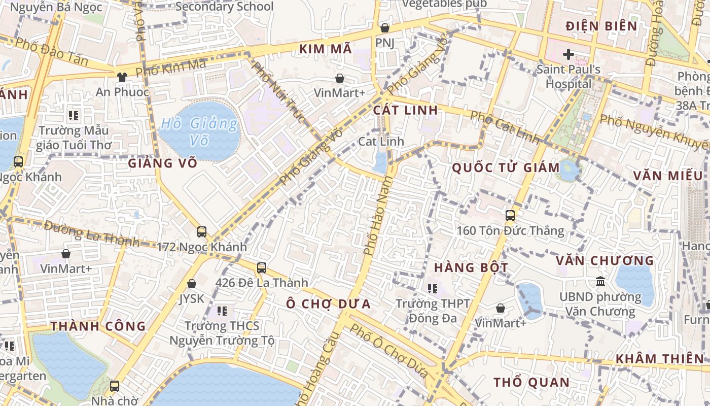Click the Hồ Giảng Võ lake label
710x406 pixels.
(x=199, y=131)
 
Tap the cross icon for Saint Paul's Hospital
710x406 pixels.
(x=568, y=54)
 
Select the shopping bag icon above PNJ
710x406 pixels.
(x=385, y=28)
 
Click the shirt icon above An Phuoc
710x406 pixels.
(x=122, y=77)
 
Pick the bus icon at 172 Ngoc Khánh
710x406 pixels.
(x=201, y=232)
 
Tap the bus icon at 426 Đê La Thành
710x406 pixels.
(x=262, y=267)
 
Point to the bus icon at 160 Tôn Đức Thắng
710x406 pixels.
(x=510, y=216)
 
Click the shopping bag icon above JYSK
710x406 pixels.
(x=192, y=284)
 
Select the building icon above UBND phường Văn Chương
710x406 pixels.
(x=600, y=281)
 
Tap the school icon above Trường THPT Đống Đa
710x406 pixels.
(x=433, y=289)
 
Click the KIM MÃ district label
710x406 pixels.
(x=325, y=49)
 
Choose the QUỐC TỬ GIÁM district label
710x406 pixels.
(x=506, y=167)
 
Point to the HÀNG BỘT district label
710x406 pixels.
(x=471, y=267)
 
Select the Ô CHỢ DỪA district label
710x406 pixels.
(x=328, y=304)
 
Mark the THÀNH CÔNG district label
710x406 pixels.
(x=98, y=326)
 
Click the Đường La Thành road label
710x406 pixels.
(x=91, y=233)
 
